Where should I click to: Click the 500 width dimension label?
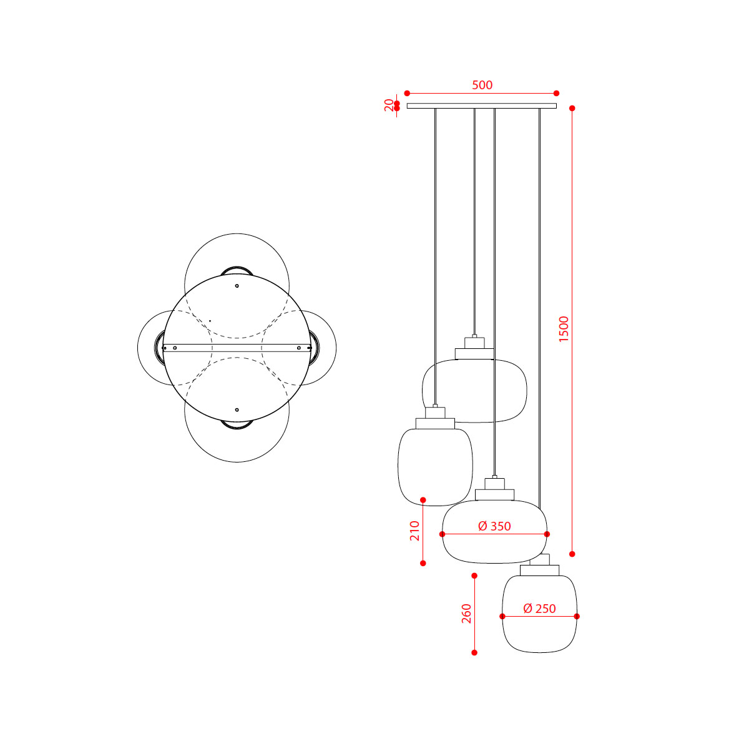pyautogui.click(x=482, y=85)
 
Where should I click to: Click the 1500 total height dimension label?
pyautogui.click(x=564, y=330)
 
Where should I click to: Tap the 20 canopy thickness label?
pyautogui.click(x=389, y=105)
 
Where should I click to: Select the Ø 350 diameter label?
pyautogui.click(x=494, y=526)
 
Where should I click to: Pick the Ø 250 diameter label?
pyautogui.click(x=539, y=609)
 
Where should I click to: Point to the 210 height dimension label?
pyautogui.click(x=414, y=531)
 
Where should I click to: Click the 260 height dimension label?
pyautogui.click(x=466, y=614)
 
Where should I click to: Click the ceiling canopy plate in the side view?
pyautogui.click(x=481, y=105)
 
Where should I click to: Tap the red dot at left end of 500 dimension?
pyautogui.click(x=407, y=93)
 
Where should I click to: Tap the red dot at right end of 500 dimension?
pyautogui.click(x=556, y=93)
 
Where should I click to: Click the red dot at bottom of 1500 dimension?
pyautogui.click(x=572, y=554)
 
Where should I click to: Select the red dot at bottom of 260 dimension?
pyautogui.click(x=474, y=652)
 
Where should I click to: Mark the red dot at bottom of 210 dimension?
pyautogui.click(x=423, y=563)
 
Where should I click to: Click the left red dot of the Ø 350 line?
pyautogui.click(x=443, y=534)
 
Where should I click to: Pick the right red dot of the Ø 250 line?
pyautogui.click(x=577, y=616)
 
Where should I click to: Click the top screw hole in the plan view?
pyautogui.click(x=237, y=286)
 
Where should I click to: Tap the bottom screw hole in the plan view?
pyautogui.click(x=237, y=409)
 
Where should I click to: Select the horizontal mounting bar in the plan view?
pyautogui.click(x=237, y=348)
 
